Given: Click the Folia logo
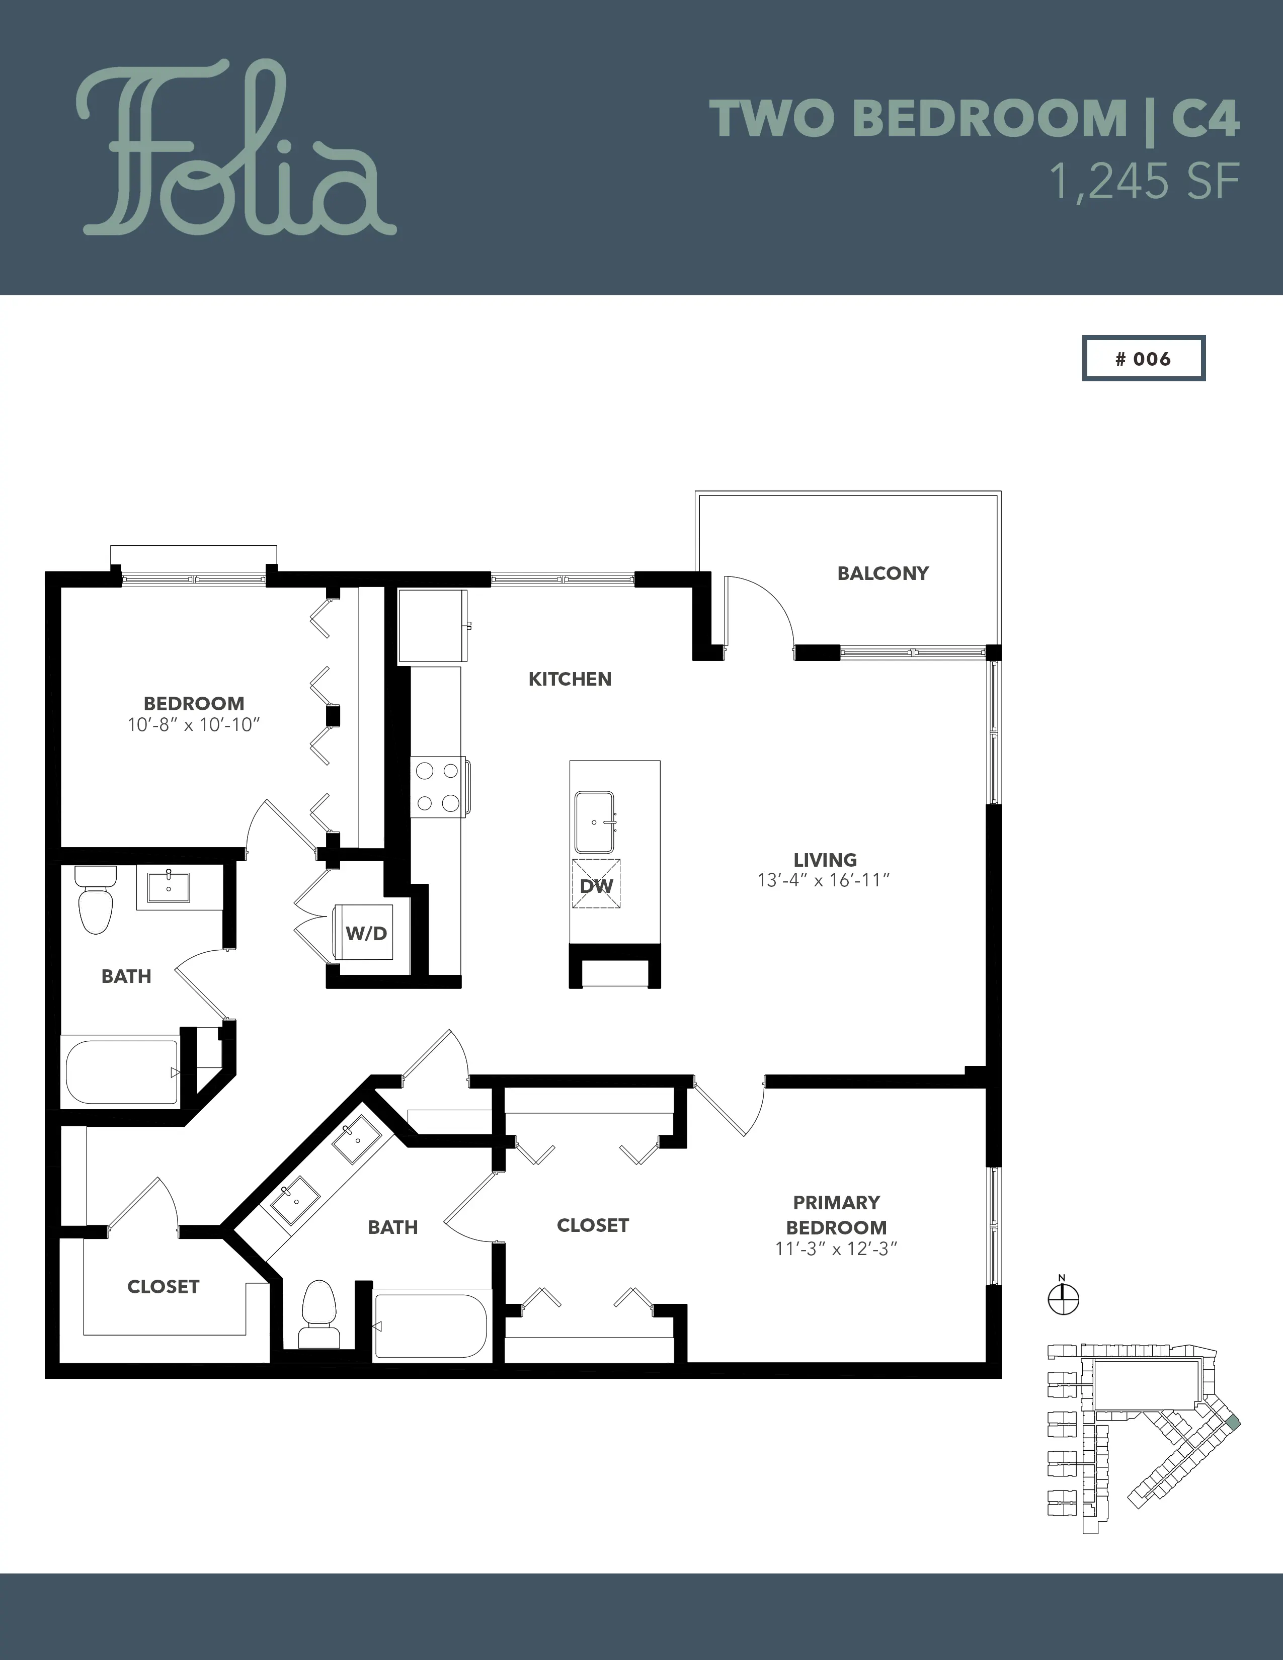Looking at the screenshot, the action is coord(235,148).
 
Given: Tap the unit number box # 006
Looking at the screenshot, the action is coord(1143,358).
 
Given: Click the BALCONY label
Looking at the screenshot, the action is coord(883,573).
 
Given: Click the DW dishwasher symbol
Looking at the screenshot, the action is coord(596,883).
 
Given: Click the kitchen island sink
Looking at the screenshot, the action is coord(594,821).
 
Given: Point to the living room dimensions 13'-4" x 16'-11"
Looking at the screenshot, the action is coord(824,880).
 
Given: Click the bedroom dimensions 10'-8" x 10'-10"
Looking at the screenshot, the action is coord(194,724).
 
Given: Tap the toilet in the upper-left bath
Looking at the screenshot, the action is coord(95,900).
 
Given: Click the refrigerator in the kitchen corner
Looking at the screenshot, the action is coord(433,626).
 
